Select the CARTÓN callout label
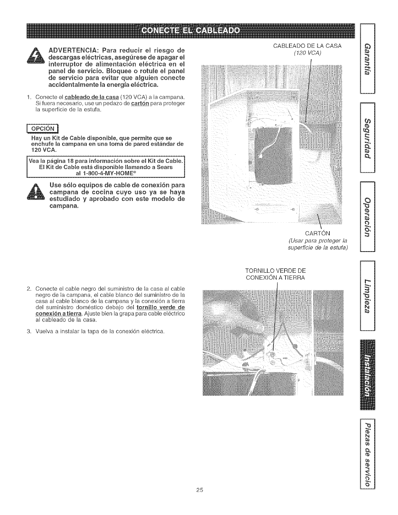[x=317, y=233]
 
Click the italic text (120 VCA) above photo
[x=307, y=54]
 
